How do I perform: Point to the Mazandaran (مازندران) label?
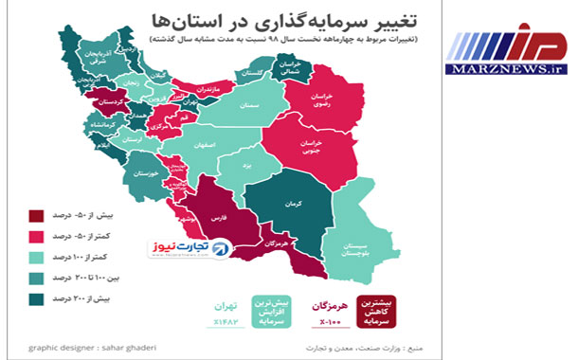point(207,89)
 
